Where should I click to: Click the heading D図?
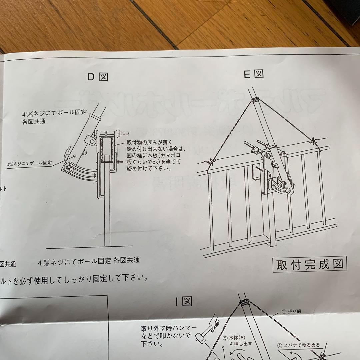click(98, 77)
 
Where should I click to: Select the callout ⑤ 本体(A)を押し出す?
click(238, 340)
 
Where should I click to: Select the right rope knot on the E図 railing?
click(314, 141)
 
